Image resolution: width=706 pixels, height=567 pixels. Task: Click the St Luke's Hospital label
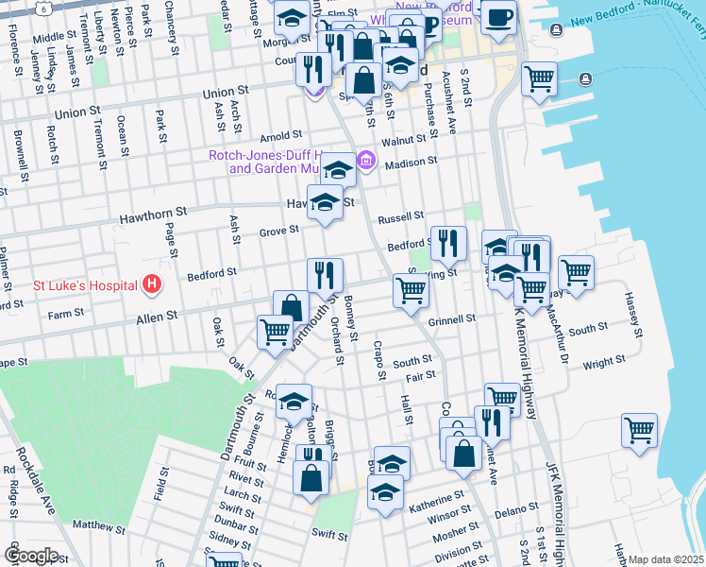pyautogui.click(x=85, y=283)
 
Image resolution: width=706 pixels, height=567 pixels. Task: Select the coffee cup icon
pyautogui.click(x=497, y=15)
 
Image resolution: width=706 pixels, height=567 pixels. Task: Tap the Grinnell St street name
pyautogui.click(x=451, y=320)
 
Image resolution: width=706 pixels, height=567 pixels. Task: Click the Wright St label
pyautogui.click(x=603, y=362)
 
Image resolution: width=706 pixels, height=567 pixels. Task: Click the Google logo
pyautogui.click(x=30, y=555)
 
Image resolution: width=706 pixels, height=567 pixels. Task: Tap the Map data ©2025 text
pyautogui.click(x=666, y=559)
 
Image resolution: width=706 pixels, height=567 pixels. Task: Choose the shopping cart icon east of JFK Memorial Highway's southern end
pyautogui.click(x=639, y=430)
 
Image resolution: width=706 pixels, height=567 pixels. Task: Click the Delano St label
pyautogui.click(x=517, y=511)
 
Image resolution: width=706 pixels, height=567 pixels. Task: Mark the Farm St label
pyautogui.click(x=66, y=314)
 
